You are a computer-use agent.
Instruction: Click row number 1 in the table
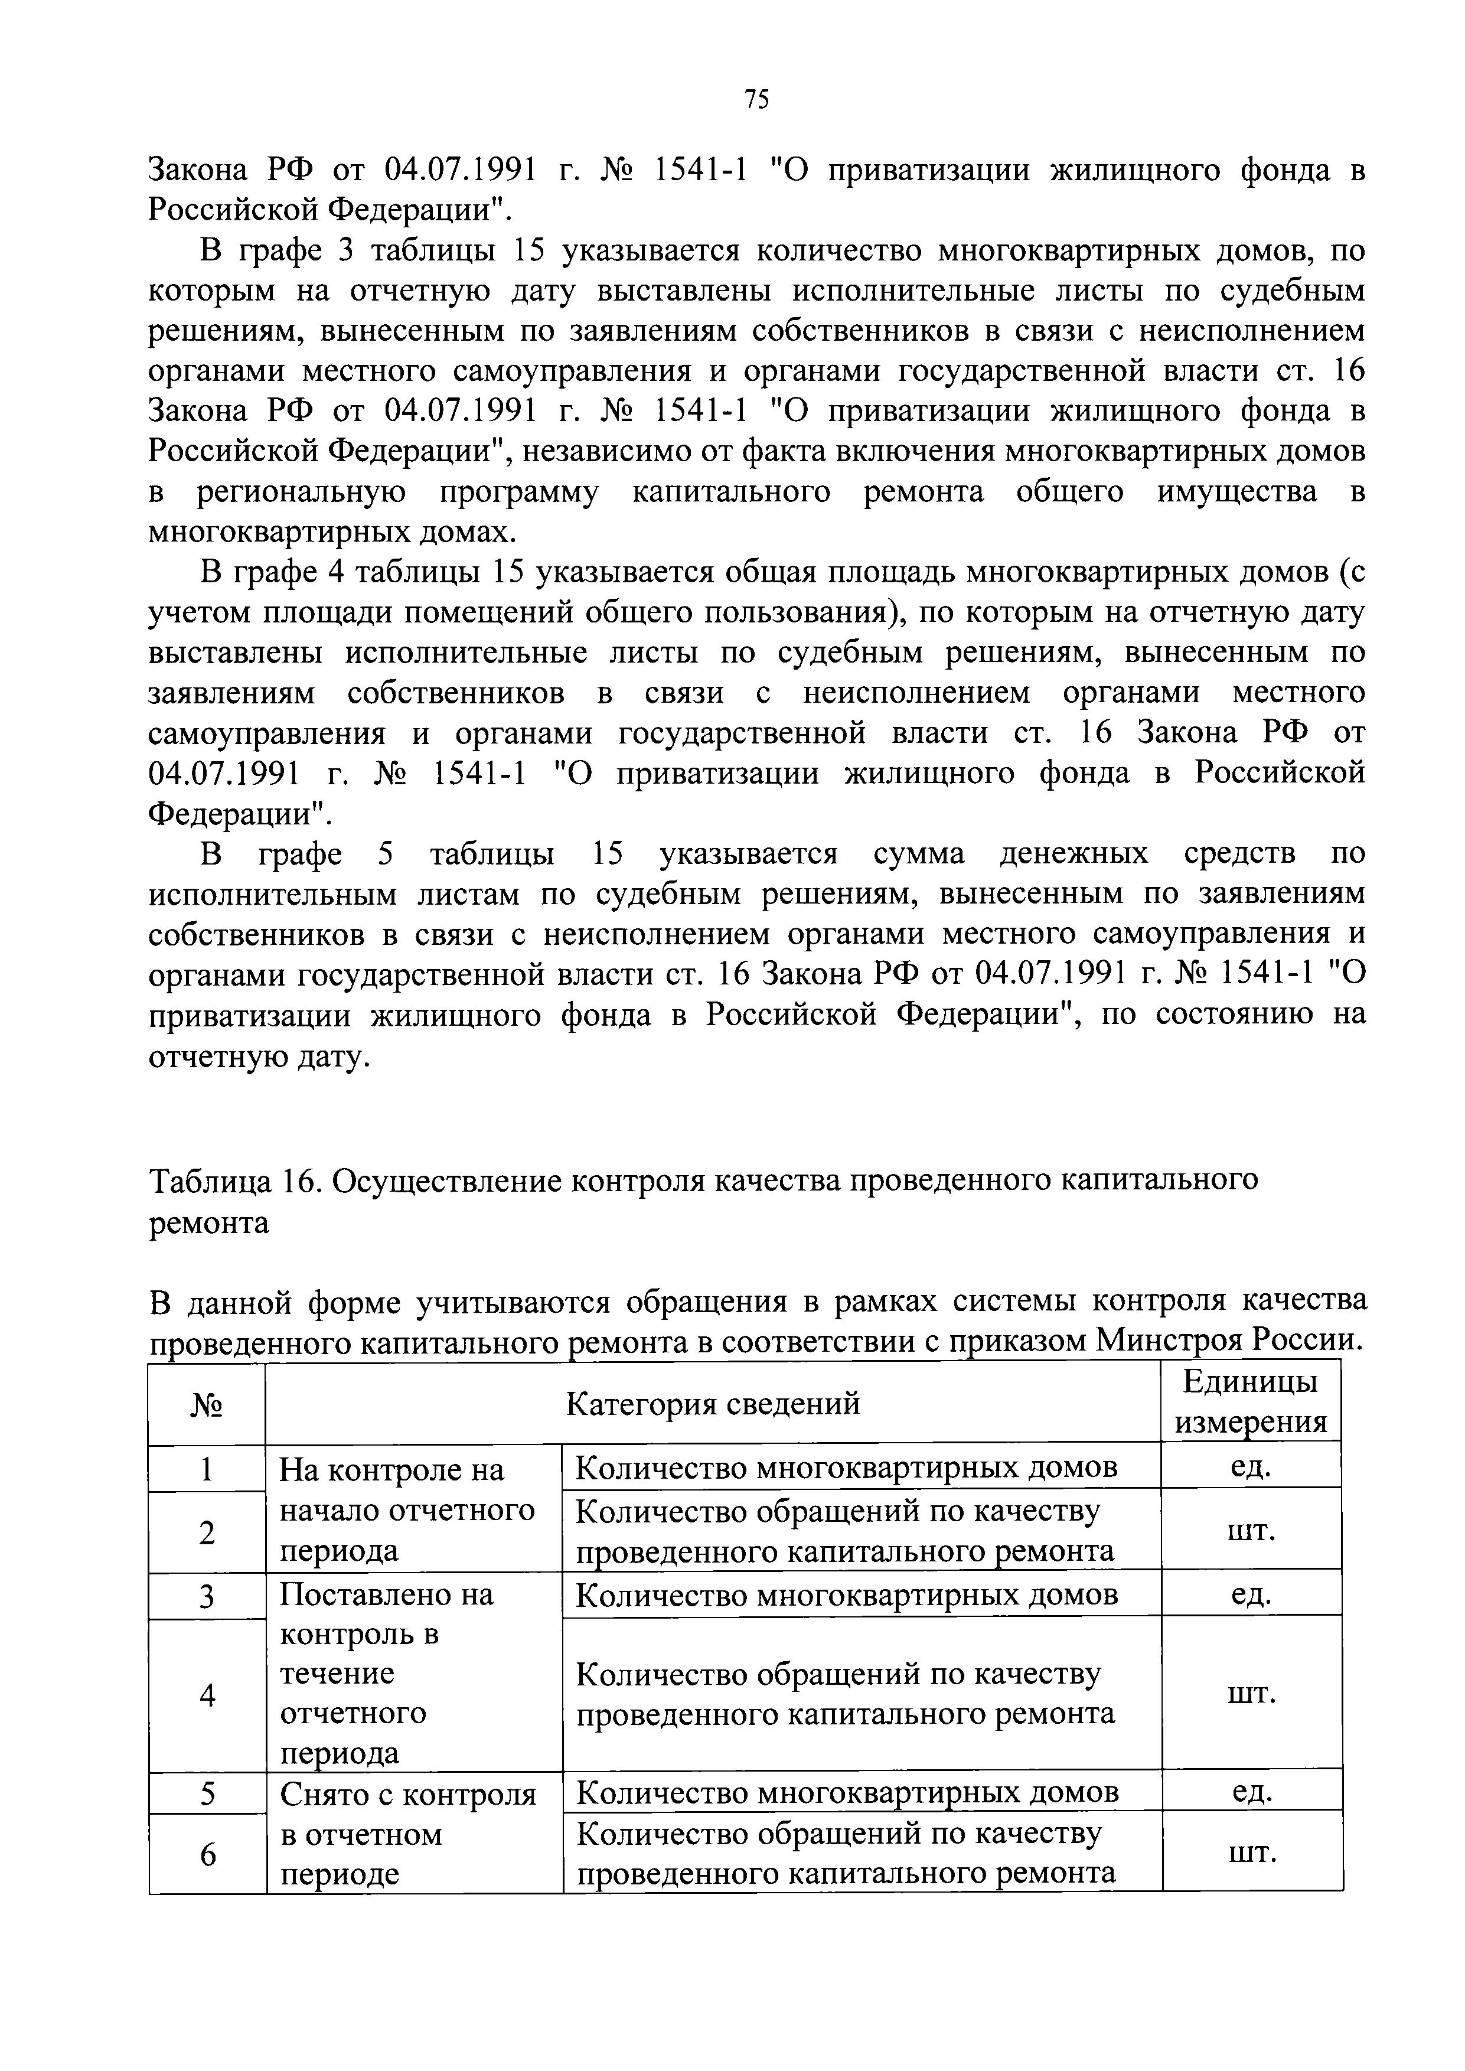click(x=207, y=1470)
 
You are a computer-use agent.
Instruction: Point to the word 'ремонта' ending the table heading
click(x=208, y=1222)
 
